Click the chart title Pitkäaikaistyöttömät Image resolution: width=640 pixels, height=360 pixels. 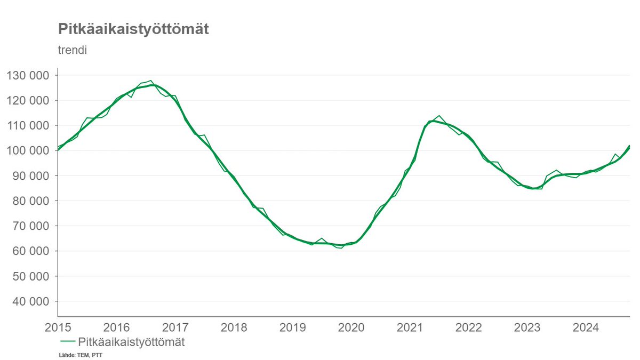click(133, 29)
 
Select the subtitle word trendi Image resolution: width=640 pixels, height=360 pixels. click(72, 51)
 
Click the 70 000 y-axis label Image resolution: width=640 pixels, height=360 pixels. click(31, 226)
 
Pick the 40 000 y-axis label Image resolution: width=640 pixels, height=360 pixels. click(31, 301)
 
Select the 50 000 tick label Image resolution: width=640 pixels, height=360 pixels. click(31, 276)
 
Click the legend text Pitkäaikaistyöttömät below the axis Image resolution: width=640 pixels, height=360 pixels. click(131, 342)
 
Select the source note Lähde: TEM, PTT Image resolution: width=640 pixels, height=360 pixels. click(80, 355)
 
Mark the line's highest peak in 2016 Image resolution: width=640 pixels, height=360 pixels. click(151, 81)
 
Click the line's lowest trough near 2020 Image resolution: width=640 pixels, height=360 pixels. click(341, 248)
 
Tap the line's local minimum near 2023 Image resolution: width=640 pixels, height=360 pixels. click(534, 188)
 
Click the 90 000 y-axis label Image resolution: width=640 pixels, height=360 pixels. click(31, 176)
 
